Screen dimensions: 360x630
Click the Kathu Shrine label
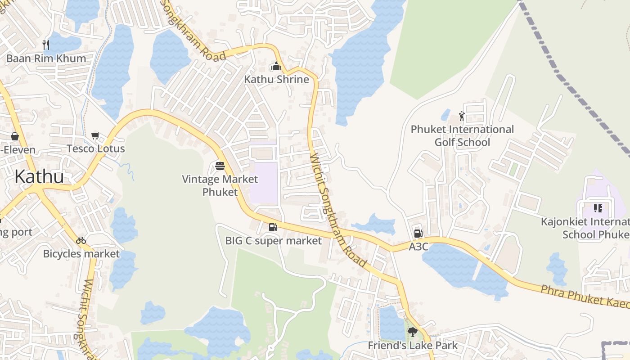276,80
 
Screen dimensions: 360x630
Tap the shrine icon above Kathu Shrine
276,67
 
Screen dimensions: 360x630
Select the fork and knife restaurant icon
45,45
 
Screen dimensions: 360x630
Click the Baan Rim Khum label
46,58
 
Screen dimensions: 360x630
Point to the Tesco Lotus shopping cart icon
95,135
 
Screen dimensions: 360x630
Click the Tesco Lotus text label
96,148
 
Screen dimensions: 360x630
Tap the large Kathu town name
39,177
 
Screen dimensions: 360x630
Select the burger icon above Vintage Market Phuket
220,166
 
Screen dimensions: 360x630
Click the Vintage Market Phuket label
220,185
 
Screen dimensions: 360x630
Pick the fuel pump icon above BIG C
273,227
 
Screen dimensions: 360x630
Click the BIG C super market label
274,241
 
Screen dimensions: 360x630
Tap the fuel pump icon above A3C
418,233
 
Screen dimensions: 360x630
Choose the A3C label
418,247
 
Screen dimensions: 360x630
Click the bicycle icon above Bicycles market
81,240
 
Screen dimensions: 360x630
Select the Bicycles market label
81,254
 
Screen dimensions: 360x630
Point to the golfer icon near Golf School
462,116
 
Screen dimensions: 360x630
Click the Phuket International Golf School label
462,136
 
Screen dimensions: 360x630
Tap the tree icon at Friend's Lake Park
412,332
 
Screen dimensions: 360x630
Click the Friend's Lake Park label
413,346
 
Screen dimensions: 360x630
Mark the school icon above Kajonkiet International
598,208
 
